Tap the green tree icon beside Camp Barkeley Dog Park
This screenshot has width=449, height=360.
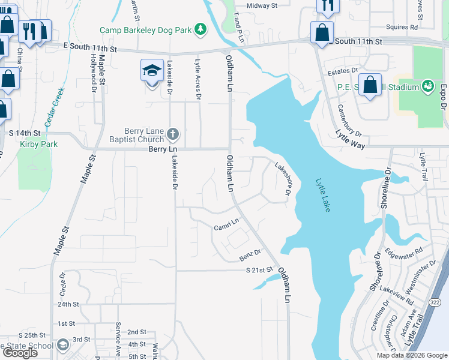[x=202, y=29]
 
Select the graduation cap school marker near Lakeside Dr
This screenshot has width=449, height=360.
[x=152, y=71]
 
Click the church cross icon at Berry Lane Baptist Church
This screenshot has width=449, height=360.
[x=173, y=133]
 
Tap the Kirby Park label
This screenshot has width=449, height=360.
[x=30, y=144]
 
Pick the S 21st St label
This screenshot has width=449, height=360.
[x=259, y=271]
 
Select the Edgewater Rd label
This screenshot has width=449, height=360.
[x=405, y=258]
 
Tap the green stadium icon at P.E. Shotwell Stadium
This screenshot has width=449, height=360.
[x=428, y=86]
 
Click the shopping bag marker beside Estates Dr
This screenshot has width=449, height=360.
[x=371, y=85]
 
